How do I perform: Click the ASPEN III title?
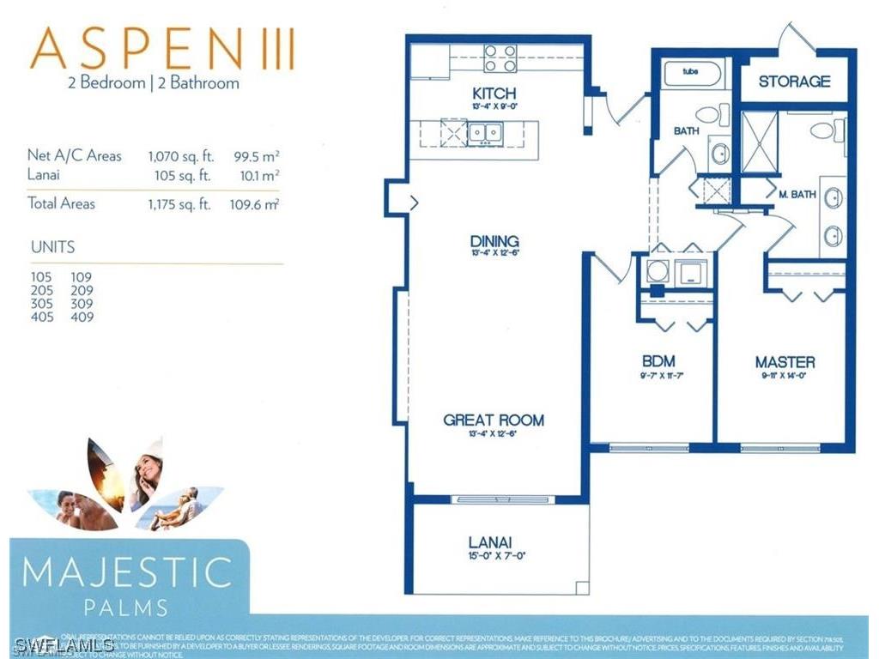click(x=162, y=49)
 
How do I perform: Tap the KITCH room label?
click(x=494, y=93)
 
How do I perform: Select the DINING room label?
click(x=494, y=241)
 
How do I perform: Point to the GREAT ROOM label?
click(x=494, y=420)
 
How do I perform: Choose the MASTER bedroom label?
click(x=785, y=361)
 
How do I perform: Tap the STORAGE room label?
click(x=794, y=82)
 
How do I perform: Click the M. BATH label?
click(x=797, y=195)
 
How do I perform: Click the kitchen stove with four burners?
click(x=500, y=58)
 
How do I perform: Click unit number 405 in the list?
click(x=41, y=317)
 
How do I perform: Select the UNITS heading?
click(x=52, y=247)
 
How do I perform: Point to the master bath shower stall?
click(x=759, y=142)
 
